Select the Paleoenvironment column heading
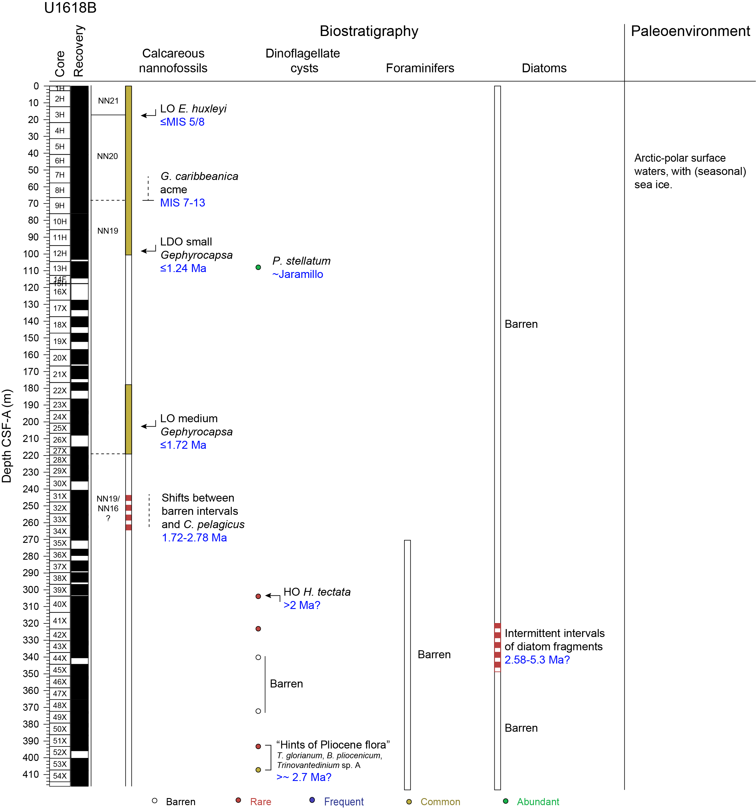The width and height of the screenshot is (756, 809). click(690, 31)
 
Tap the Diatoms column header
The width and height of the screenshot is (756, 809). click(544, 68)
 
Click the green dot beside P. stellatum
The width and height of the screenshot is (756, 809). click(258, 267)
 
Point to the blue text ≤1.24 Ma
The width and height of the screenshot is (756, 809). click(183, 268)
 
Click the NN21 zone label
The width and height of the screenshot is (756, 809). click(108, 101)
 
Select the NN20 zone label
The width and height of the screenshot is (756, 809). click(107, 156)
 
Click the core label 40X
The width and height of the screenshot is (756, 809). click(60, 604)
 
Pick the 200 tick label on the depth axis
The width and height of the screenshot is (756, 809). click(31, 422)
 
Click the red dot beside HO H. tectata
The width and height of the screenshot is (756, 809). click(258, 596)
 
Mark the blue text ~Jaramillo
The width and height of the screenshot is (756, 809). click(297, 274)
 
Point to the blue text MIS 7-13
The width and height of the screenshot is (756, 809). click(182, 203)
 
